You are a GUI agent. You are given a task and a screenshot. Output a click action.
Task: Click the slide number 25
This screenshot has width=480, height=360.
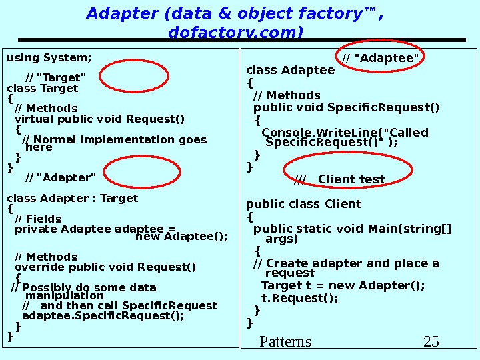coord(431,342)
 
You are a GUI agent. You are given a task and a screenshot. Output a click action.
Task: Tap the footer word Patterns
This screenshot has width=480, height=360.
coord(285,342)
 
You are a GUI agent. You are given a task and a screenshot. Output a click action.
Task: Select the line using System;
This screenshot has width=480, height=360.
coord(49,57)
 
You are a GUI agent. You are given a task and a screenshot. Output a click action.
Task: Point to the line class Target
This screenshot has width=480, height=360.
coord(42,88)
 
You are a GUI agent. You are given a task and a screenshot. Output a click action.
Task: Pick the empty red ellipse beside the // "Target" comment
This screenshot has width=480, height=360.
coord(131,75)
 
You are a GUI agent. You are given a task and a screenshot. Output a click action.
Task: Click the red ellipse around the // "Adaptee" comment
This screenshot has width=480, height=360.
coord(381,59)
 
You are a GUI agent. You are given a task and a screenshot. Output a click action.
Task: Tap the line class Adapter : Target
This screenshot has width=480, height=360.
coord(72,198)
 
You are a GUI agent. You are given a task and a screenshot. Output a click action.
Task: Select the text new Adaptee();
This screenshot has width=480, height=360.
coord(181,236)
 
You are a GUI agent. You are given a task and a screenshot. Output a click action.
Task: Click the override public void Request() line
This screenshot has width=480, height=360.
coord(105,267)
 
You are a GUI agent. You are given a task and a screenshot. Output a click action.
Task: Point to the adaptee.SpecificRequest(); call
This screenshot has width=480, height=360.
coord(103,316)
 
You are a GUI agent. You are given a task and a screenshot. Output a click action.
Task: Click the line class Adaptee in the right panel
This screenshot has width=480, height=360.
coord(291,71)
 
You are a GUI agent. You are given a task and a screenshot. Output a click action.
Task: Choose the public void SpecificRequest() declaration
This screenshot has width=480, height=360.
coord(346,107)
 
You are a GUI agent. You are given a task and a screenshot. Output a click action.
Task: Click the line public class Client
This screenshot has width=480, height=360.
coord(303,204)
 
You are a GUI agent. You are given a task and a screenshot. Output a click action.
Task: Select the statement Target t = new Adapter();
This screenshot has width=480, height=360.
coord(343,286)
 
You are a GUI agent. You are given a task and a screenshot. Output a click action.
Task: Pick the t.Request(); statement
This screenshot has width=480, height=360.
coord(299,298)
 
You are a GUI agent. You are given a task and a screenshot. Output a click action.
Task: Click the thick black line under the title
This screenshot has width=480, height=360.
coord(241,40)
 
